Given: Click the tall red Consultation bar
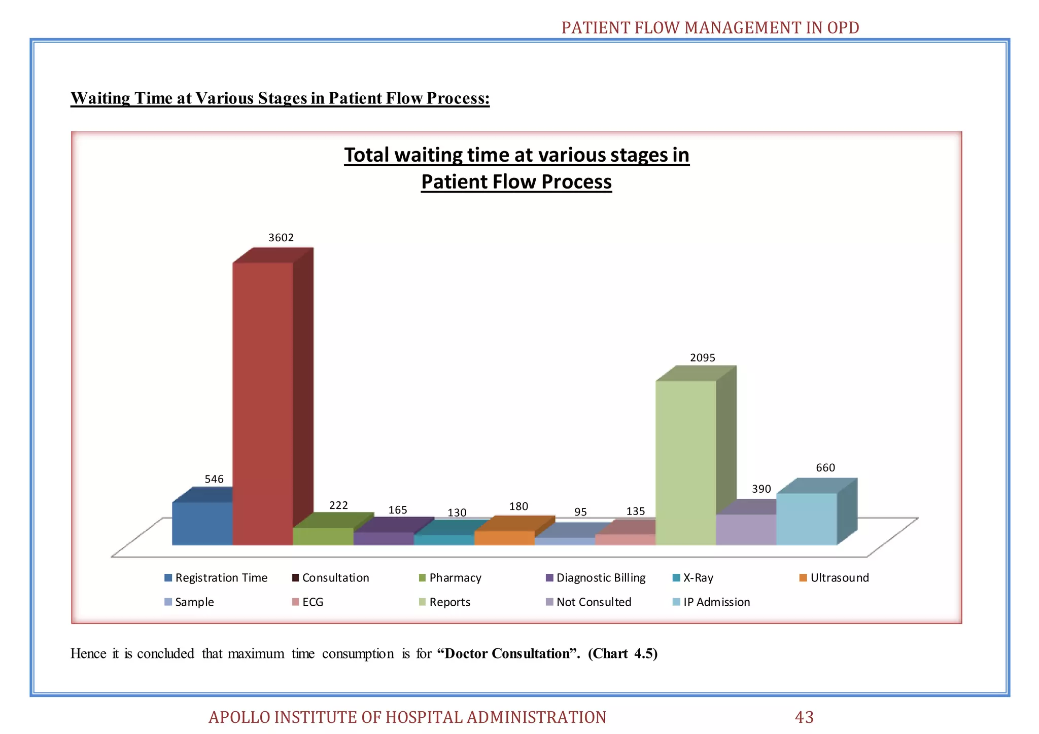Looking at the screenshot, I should pyautogui.click(x=263, y=403).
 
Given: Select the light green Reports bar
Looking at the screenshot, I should pyautogui.click(x=686, y=462).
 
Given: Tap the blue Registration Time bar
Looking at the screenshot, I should pyautogui.click(x=202, y=523).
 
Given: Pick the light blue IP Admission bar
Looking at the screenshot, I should pyautogui.click(x=807, y=519).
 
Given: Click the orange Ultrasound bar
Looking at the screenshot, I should pyautogui.click(x=504, y=538).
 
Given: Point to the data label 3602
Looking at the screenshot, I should pyautogui.click(x=281, y=238).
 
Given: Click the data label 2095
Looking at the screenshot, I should pyautogui.click(x=703, y=358).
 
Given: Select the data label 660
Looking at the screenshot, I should pyautogui.click(x=825, y=468).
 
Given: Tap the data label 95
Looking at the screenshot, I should pyautogui.click(x=580, y=512).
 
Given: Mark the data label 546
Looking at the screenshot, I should pyautogui.click(x=214, y=479).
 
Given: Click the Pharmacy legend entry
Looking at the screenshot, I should pyautogui.click(x=455, y=578).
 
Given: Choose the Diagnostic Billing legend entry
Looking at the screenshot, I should pyautogui.click(x=601, y=578).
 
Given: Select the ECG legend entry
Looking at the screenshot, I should pyautogui.click(x=313, y=602).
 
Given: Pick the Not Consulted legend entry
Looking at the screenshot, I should pyautogui.click(x=594, y=602).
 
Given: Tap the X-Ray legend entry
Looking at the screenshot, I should pyautogui.click(x=698, y=578).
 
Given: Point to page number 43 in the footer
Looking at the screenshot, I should pyautogui.click(x=804, y=717).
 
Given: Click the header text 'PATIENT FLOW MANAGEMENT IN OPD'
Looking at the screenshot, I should pyautogui.click(x=710, y=27).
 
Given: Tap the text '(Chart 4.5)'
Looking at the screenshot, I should pyautogui.click(x=622, y=653).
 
